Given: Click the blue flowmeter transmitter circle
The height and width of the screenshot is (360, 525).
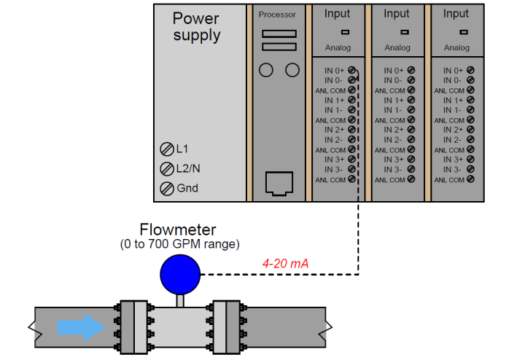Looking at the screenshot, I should pyautogui.click(x=179, y=275).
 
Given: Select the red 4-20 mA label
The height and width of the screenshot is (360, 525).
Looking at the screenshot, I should pyautogui.click(x=285, y=263).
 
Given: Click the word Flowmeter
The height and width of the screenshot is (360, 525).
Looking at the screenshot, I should pyautogui.click(x=179, y=230).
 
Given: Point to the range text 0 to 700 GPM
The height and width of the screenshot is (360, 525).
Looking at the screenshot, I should pyautogui.click(x=179, y=243).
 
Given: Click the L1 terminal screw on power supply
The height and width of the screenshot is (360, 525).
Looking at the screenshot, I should pyautogui.click(x=166, y=149).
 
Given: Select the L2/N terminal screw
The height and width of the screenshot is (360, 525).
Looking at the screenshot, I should pyautogui.click(x=166, y=169).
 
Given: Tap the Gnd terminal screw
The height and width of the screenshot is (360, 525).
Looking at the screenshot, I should pyautogui.click(x=166, y=189).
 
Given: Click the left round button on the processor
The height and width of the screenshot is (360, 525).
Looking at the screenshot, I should pyautogui.click(x=266, y=70).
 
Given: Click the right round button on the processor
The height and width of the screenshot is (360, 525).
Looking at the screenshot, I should pyautogui.click(x=292, y=70).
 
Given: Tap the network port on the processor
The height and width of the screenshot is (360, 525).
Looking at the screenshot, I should pyautogui.click(x=279, y=181).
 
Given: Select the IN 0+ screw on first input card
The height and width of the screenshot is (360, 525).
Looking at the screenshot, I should pyautogui.click(x=352, y=70).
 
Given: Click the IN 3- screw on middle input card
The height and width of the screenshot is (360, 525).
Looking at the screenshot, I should pyautogui.click(x=411, y=169).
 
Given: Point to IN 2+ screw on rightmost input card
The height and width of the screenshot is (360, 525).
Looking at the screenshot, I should pyautogui.click(x=471, y=130).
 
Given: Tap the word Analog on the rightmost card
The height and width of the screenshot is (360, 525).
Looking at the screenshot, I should pyautogui.click(x=456, y=48).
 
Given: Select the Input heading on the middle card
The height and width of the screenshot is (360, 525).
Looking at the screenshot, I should pyautogui.click(x=397, y=13).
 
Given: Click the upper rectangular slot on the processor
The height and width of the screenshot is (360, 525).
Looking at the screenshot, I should pyautogui.click(x=279, y=34).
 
